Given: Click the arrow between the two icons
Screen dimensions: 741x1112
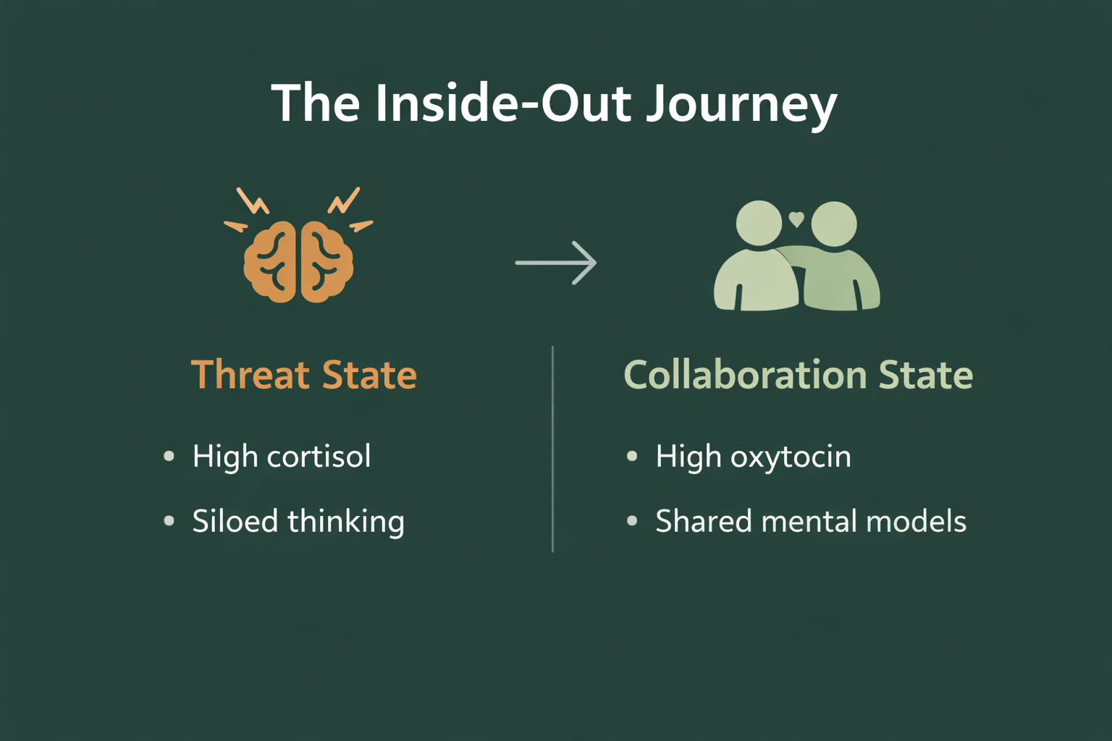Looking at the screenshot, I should click(x=556, y=263).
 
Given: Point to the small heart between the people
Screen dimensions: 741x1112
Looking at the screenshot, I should click(x=796, y=219).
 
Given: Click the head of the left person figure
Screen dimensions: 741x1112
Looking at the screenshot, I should click(x=759, y=223).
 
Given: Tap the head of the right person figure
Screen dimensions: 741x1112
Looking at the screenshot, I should click(x=834, y=224).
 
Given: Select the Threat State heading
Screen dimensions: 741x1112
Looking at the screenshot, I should click(x=304, y=375).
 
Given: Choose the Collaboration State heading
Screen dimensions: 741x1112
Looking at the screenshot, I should click(x=798, y=375).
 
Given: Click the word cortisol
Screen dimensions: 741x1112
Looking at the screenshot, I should click(x=319, y=457).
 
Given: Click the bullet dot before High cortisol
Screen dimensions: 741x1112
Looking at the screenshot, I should click(x=169, y=456).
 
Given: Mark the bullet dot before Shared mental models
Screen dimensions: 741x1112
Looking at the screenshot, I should click(x=632, y=521).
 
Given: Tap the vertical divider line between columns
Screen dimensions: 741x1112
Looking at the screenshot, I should click(x=552, y=449).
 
